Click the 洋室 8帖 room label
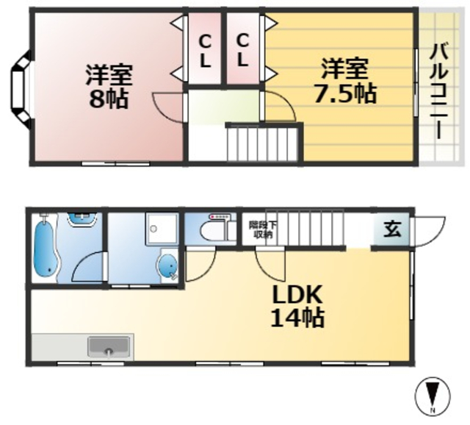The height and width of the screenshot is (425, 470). coord(108,87)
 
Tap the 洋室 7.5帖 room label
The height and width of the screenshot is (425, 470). coord(344,82)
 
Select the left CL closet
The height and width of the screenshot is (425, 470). coord(205,50)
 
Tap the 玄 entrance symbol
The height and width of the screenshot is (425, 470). coord(393,229)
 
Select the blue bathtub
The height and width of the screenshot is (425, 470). coord(46,249)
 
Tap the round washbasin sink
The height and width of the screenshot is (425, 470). coord(168,265)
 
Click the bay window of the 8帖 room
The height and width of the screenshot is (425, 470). coord(20,86)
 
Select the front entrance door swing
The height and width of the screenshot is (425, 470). coord(430,228)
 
